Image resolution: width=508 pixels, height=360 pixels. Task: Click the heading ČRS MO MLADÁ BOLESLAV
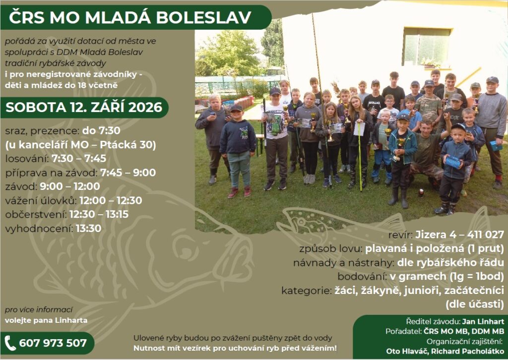point(130,17)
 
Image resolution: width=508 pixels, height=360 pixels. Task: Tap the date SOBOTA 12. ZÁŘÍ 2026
point(84,108)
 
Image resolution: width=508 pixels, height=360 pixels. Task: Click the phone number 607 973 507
point(53,343)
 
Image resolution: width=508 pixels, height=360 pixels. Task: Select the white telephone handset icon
point(10,343)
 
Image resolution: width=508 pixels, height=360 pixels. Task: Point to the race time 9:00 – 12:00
point(70,186)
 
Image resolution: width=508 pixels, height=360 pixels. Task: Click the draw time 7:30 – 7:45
point(79,158)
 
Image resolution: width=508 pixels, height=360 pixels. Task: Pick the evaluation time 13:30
point(88,228)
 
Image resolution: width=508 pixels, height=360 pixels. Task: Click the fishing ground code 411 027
point(485,234)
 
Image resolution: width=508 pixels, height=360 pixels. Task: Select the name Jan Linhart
point(483,321)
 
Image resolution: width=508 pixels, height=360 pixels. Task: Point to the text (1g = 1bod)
point(477,276)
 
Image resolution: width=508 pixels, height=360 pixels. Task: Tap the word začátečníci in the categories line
point(474,291)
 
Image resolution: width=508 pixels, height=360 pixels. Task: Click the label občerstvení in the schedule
point(36,214)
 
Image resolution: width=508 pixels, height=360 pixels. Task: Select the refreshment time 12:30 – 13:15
point(99,214)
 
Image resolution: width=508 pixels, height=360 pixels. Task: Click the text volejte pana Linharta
point(46,320)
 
